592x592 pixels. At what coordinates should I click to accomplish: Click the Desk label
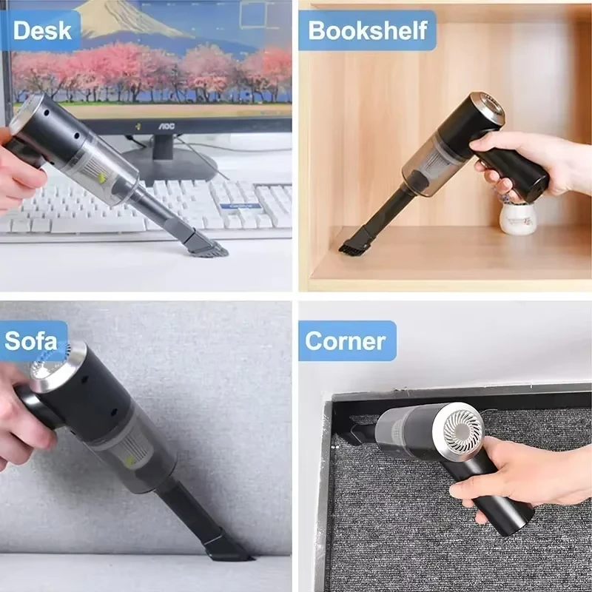[x=43, y=30]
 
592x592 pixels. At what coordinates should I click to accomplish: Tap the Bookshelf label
[x=368, y=30]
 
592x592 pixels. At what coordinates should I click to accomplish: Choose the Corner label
[x=346, y=341]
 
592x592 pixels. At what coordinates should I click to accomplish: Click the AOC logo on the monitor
[x=169, y=127]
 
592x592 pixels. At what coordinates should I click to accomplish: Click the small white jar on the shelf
[x=516, y=217]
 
